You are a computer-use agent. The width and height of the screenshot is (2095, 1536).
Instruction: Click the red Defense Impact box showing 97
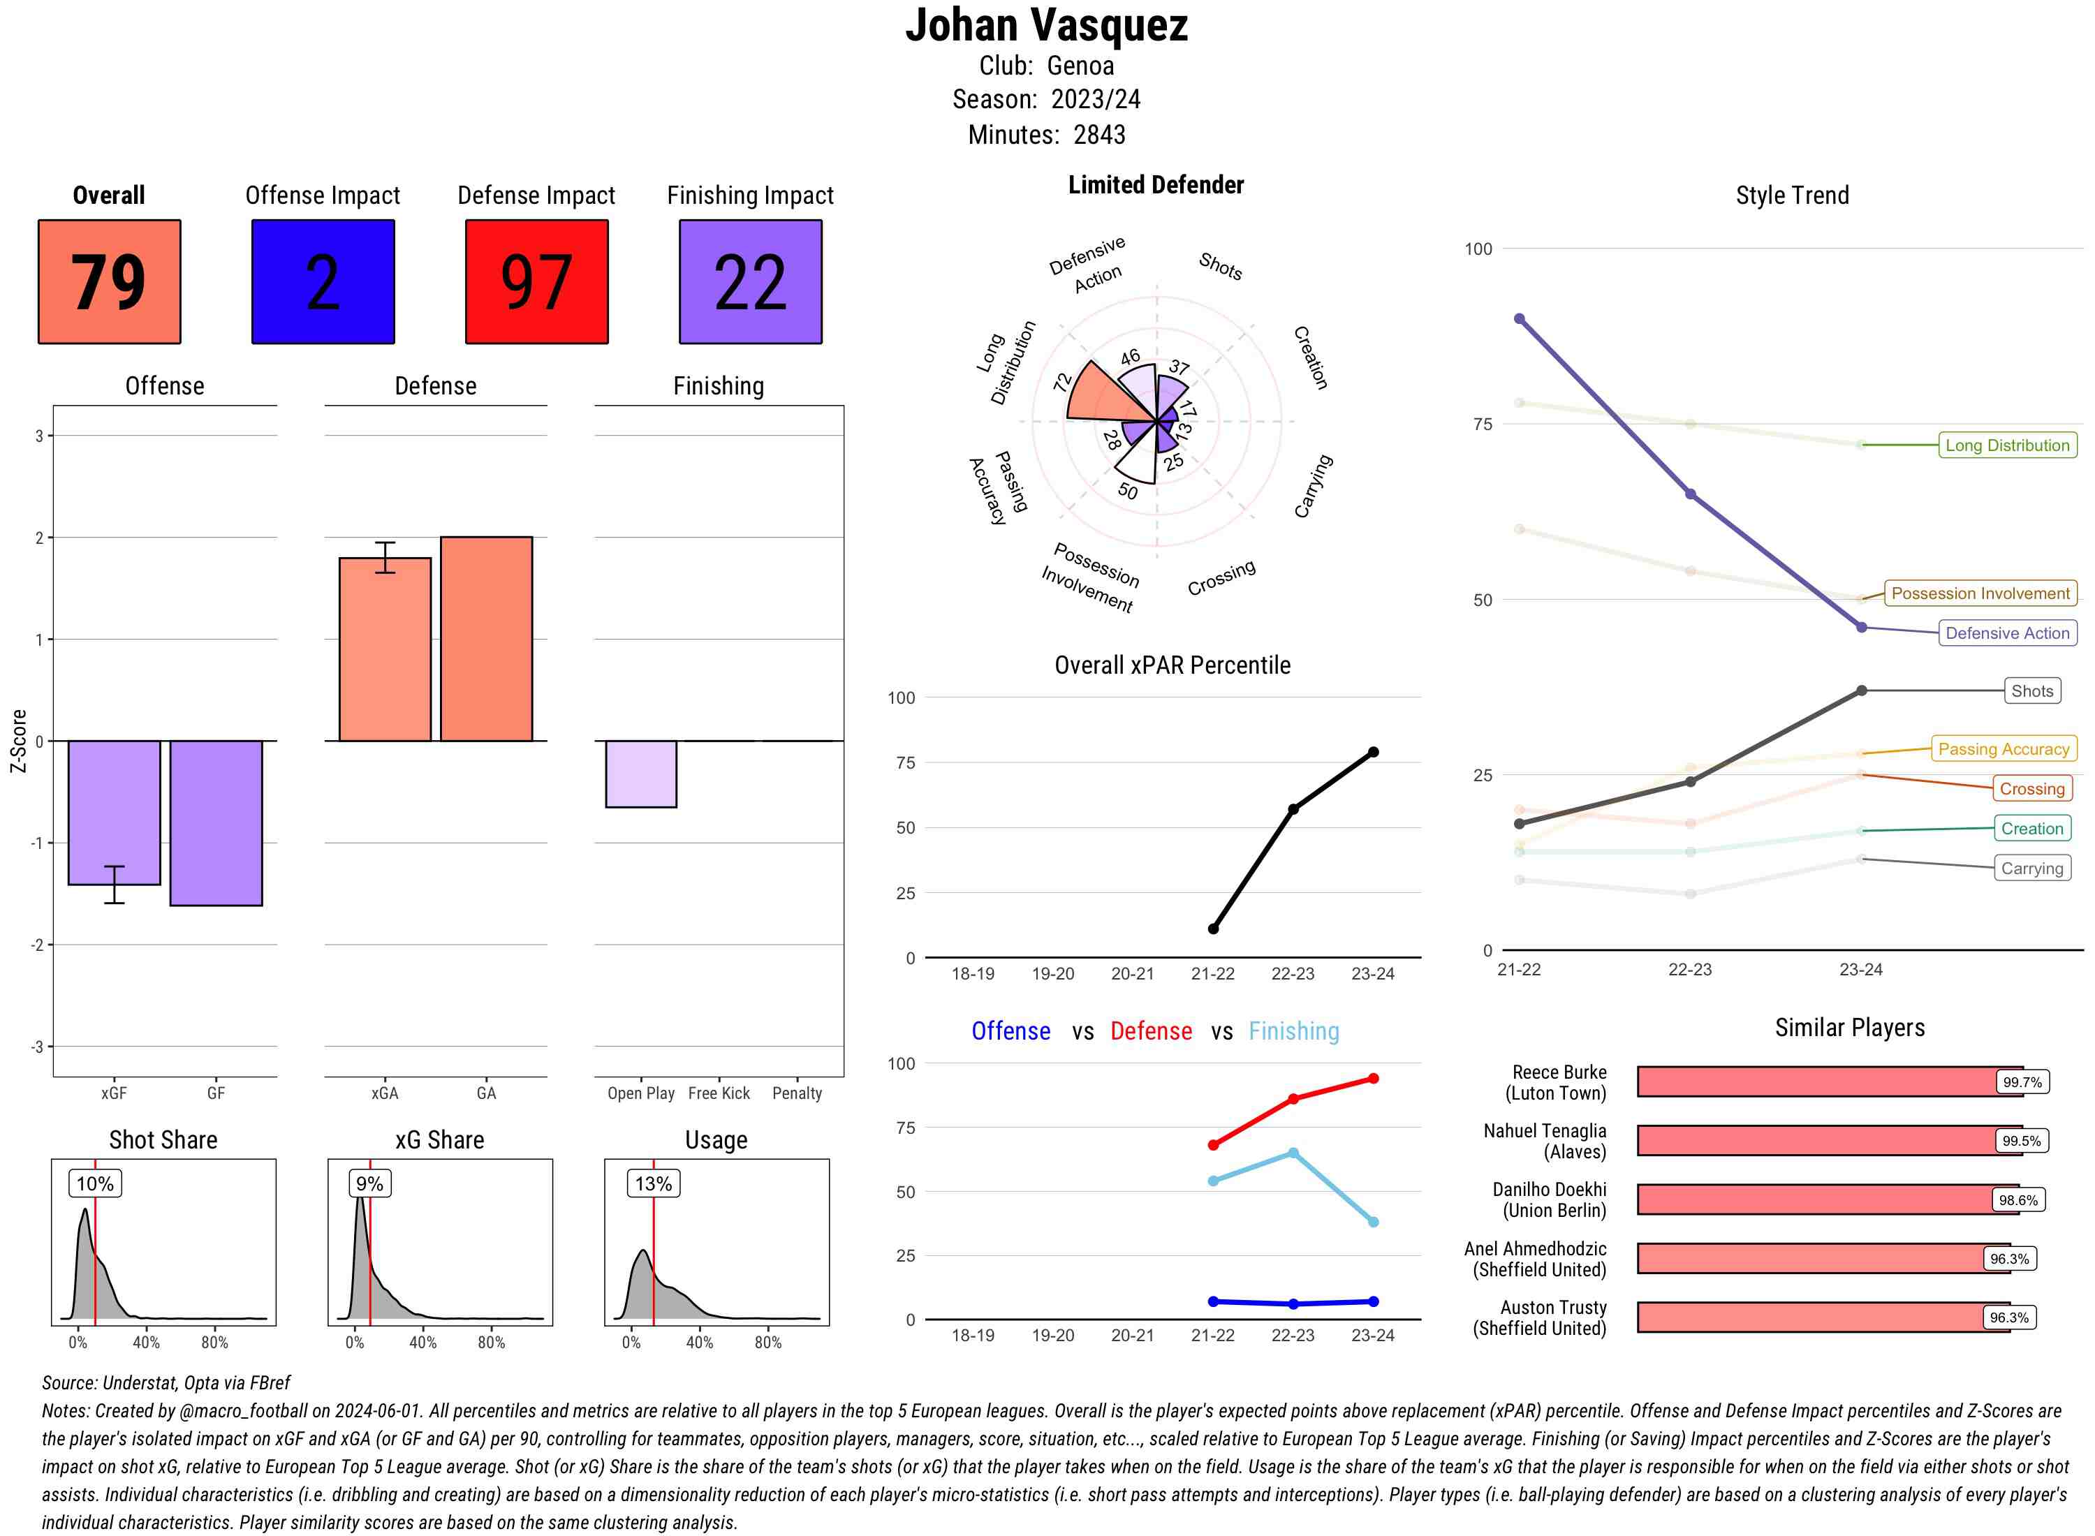coord(536,282)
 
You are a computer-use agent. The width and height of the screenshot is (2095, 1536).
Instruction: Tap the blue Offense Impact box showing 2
coord(323,282)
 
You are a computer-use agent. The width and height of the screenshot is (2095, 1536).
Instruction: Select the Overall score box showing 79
coord(109,282)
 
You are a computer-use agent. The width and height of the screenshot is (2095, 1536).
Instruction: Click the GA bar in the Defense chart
coord(486,639)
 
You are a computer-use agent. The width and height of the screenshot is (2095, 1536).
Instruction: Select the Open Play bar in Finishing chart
coord(640,774)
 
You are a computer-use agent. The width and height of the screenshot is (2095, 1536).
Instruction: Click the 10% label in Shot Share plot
coord(95,1183)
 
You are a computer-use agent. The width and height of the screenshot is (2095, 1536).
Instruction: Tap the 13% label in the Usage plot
coord(653,1183)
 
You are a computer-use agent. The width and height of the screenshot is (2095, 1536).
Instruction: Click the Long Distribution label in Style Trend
coord(2007,445)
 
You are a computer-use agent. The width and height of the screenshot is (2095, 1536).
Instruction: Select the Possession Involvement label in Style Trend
coord(1980,593)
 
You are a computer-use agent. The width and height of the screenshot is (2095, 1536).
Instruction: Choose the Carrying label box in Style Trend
coord(2031,869)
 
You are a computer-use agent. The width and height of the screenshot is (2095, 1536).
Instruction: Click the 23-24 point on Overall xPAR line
coord(1372,752)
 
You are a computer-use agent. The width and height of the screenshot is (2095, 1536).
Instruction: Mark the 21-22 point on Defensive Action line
coord(1520,319)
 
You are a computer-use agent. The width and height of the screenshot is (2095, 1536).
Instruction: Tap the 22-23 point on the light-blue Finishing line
coord(1293,1153)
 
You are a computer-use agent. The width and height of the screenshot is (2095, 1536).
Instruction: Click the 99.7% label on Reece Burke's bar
coord(2022,1082)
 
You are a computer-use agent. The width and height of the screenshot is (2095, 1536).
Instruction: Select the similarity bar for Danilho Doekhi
coord(1814,1199)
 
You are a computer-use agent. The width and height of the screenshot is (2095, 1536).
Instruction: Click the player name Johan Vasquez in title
coord(1047,26)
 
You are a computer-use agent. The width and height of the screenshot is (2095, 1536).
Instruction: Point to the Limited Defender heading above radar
coord(1156,185)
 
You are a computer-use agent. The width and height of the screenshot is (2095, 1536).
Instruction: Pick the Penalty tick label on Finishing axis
coord(797,1093)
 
